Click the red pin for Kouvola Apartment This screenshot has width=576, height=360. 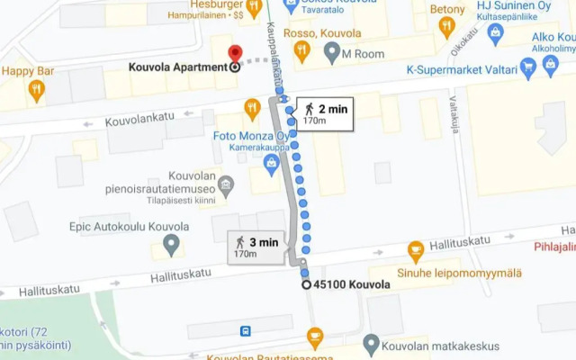[235, 54]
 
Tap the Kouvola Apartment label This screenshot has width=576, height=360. [176, 67]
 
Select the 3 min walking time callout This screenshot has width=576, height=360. [257, 247]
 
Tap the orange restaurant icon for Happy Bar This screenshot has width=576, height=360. [36, 88]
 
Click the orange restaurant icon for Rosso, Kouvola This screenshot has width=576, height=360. [302, 50]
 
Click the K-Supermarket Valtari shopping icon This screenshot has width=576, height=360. [528, 66]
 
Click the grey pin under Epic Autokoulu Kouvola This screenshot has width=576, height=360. [170, 242]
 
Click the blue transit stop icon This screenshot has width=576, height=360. [246, 330]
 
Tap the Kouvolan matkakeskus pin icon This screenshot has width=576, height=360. [371, 342]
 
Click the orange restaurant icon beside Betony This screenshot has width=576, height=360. [446, 26]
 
